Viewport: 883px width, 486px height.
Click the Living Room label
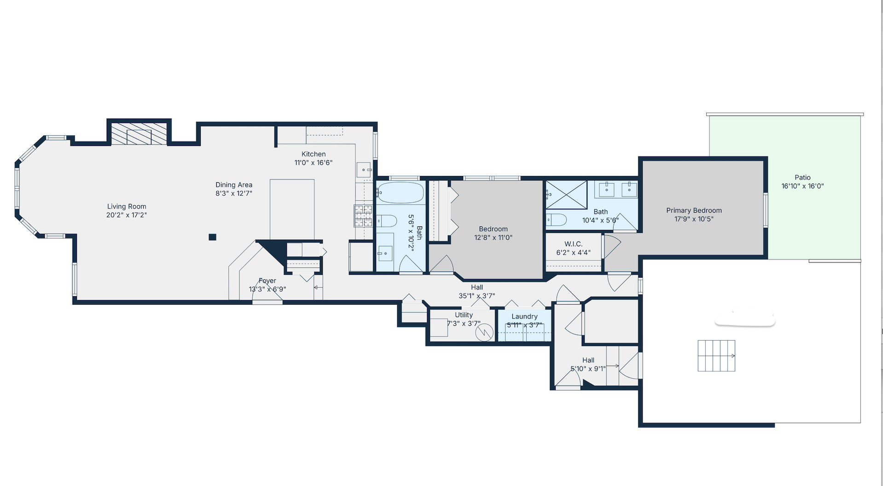click(x=127, y=207)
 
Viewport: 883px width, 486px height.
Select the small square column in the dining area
click(x=212, y=237)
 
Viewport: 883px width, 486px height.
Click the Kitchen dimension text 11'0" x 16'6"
click(x=314, y=162)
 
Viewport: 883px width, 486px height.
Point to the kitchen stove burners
click(x=363, y=216)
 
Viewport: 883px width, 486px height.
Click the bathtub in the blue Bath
click(x=400, y=192)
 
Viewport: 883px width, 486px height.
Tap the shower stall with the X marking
click(x=567, y=195)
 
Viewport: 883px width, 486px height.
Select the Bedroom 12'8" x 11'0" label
click(x=493, y=233)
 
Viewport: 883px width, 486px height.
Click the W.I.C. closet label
click(x=573, y=244)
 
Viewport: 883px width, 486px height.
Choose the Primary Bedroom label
click(x=694, y=210)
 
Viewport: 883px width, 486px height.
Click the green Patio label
click(x=802, y=178)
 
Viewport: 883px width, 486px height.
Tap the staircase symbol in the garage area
click(x=716, y=356)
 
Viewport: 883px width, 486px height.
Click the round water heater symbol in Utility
click(x=484, y=332)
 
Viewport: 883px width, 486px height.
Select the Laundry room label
click(x=524, y=317)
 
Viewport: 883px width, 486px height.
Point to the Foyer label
click(x=267, y=281)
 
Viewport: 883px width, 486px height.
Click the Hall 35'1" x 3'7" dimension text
click(x=477, y=296)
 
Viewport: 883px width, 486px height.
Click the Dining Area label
click(x=234, y=185)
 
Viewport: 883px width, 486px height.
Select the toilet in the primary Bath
click(x=556, y=220)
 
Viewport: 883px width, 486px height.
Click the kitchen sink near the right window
click(x=364, y=169)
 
